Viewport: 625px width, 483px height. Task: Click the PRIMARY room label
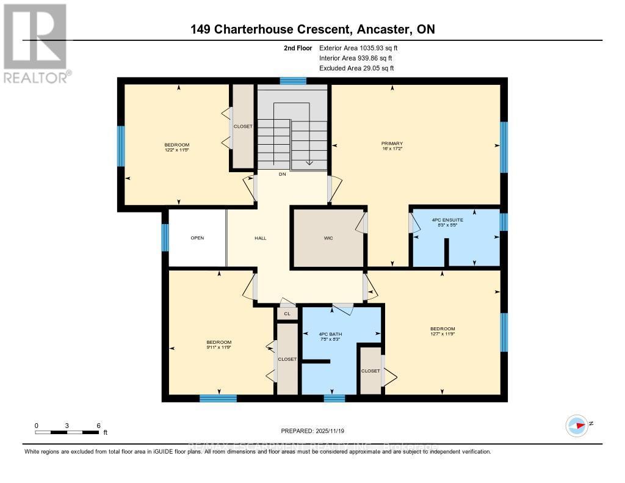[392, 143]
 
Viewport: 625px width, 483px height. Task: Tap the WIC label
[328, 238]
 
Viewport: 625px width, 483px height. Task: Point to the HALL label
[260, 238]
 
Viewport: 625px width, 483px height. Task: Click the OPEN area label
[197, 238]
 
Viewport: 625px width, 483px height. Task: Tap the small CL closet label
[287, 314]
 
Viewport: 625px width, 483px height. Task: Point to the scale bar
[67, 432]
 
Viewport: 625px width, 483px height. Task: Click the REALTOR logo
[35, 43]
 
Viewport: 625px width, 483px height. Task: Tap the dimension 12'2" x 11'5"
[176, 148]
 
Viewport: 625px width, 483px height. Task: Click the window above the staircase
[293, 81]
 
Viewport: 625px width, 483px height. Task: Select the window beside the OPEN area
[165, 238]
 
